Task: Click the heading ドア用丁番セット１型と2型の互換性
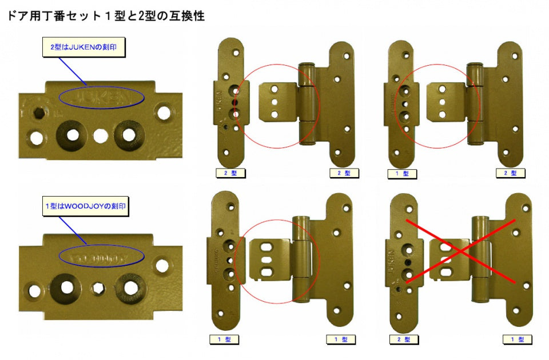pyautogui.click(x=105, y=16)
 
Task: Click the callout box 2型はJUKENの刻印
pyautogui.click(x=83, y=47)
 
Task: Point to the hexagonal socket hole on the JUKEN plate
pyautogui.click(x=38, y=111)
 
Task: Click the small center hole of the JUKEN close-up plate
pyautogui.click(x=101, y=135)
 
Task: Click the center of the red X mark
pyautogui.click(x=460, y=250)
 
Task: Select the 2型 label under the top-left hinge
pyautogui.click(x=230, y=173)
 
